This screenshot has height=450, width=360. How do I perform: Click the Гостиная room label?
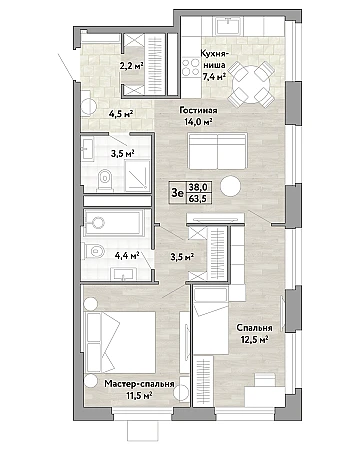click(198, 110)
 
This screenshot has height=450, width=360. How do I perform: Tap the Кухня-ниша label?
click(213, 59)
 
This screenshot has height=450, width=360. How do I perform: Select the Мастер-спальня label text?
click(139, 384)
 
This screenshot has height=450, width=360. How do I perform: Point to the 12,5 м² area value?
click(255, 340)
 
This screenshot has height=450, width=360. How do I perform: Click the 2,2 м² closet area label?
click(132, 66)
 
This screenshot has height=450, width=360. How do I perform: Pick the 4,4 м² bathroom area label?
click(127, 256)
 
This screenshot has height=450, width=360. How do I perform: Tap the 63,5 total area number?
click(198, 199)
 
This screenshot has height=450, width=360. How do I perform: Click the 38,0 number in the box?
click(198, 187)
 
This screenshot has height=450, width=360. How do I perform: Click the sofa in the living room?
click(217, 151)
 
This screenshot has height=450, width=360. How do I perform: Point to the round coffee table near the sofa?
click(231, 186)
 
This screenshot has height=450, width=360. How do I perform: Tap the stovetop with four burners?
click(190, 67)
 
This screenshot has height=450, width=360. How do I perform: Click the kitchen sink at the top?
click(228, 25)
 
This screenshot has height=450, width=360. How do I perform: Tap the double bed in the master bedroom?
click(120, 342)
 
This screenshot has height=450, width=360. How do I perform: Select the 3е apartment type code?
click(177, 193)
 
